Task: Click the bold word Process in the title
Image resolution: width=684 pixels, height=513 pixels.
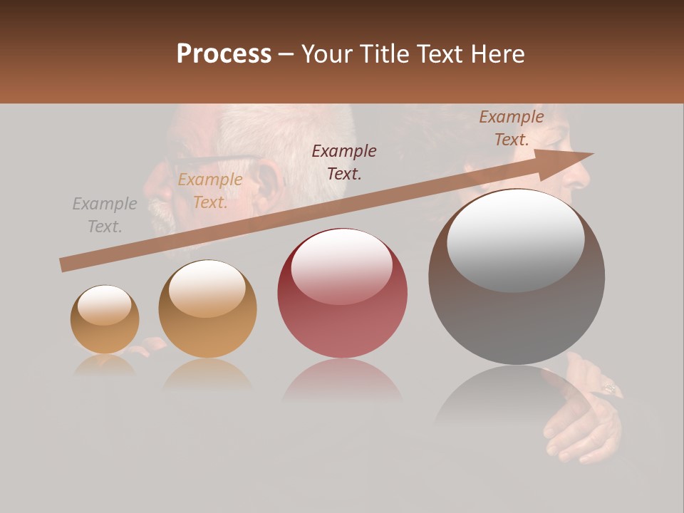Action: point(224,54)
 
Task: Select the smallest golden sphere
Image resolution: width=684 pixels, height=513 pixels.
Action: point(105,319)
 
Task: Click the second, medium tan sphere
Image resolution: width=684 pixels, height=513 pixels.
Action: point(207,309)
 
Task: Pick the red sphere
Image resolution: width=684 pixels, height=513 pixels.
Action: point(342,293)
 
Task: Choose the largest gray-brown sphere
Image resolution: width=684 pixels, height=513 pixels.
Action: point(517,276)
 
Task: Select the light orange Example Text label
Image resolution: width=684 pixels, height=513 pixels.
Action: point(210,191)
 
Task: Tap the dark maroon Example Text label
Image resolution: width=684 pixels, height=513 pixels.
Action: point(344,162)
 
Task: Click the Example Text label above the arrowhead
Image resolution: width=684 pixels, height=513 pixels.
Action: point(512,128)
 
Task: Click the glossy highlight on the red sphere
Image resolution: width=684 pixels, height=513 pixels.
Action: point(342,266)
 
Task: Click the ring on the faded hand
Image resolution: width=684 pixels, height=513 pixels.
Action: point(610,388)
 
